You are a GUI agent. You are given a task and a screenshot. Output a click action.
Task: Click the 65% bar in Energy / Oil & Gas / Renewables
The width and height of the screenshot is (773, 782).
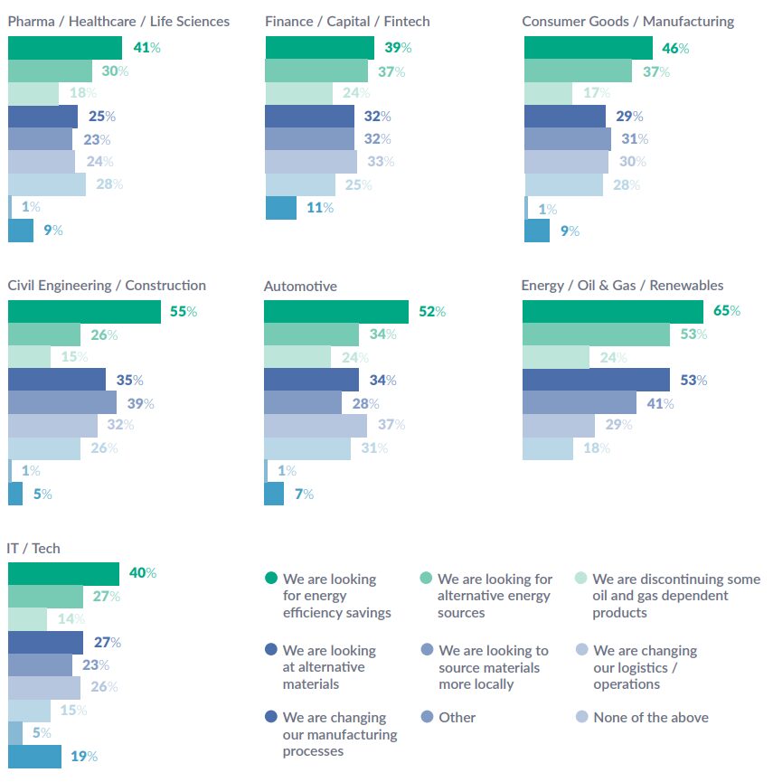pyautogui.click(x=612, y=311)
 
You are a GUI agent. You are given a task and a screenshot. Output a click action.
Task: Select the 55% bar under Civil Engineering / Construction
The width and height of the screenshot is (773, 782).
pyautogui.click(x=84, y=311)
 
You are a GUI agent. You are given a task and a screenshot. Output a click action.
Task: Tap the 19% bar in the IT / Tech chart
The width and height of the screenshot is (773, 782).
pyautogui.click(x=34, y=756)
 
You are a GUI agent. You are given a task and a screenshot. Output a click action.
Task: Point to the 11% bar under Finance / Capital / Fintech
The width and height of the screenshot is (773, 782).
pyautogui.click(x=280, y=207)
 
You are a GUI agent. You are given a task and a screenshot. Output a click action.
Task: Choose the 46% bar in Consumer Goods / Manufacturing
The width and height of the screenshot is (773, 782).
pyautogui.click(x=588, y=48)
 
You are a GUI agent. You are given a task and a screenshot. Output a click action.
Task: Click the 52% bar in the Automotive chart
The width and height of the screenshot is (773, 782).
pyautogui.click(x=335, y=311)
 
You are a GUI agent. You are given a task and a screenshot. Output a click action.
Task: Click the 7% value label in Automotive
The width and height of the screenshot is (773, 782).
pyautogui.click(x=304, y=494)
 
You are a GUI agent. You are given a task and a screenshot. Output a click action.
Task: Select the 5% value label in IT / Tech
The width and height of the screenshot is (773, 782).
pyautogui.click(x=42, y=733)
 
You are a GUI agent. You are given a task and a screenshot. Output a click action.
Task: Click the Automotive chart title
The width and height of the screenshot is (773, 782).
pyautogui.click(x=300, y=286)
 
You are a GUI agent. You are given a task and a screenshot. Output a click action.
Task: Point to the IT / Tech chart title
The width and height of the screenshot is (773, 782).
pyautogui.click(x=34, y=548)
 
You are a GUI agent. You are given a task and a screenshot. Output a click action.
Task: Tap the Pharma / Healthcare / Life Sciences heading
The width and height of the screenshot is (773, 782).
pyautogui.click(x=118, y=21)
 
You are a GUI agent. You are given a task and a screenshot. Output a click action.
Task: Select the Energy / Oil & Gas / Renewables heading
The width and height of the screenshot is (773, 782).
pyautogui.click(x=622, y=286)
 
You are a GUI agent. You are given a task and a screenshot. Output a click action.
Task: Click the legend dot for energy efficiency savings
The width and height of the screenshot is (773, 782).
pyautogui.click(x=270, y=579)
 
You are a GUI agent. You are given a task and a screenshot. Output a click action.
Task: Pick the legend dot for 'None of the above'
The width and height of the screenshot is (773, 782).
pyautogui.click(x=581, y=717)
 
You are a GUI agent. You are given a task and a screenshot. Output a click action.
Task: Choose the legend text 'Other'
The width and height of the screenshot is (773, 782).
pyautogui.click(x=457, y=717)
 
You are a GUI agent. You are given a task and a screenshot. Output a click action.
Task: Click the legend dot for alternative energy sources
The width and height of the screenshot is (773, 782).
pyautogui.click(x=426, y=579)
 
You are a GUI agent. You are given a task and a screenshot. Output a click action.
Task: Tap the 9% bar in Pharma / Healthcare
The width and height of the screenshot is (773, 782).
pyautogui.click(x=21, y=231)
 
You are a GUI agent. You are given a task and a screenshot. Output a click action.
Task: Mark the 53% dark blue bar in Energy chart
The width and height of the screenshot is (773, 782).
pyautogui.click(x=596, y=380)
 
